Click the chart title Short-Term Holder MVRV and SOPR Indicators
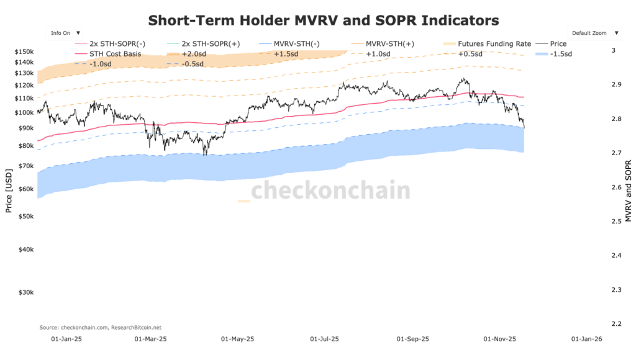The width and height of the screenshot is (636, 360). tap(323, 20)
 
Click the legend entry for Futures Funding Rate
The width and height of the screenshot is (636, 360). tap(494, 44)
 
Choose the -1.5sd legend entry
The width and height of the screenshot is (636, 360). tap(559, 54)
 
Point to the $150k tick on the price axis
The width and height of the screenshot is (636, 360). tap(24, 51)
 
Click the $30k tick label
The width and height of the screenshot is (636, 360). tap(25, 292)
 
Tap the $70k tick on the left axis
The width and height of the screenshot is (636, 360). tap(25, 166)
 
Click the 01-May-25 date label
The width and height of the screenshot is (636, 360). tap(238, 340)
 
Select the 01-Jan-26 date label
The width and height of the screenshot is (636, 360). tap(586, 340)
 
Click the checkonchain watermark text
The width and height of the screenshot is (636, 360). tap(330, 191)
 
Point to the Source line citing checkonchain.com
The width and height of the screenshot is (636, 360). tap(100, 327)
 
